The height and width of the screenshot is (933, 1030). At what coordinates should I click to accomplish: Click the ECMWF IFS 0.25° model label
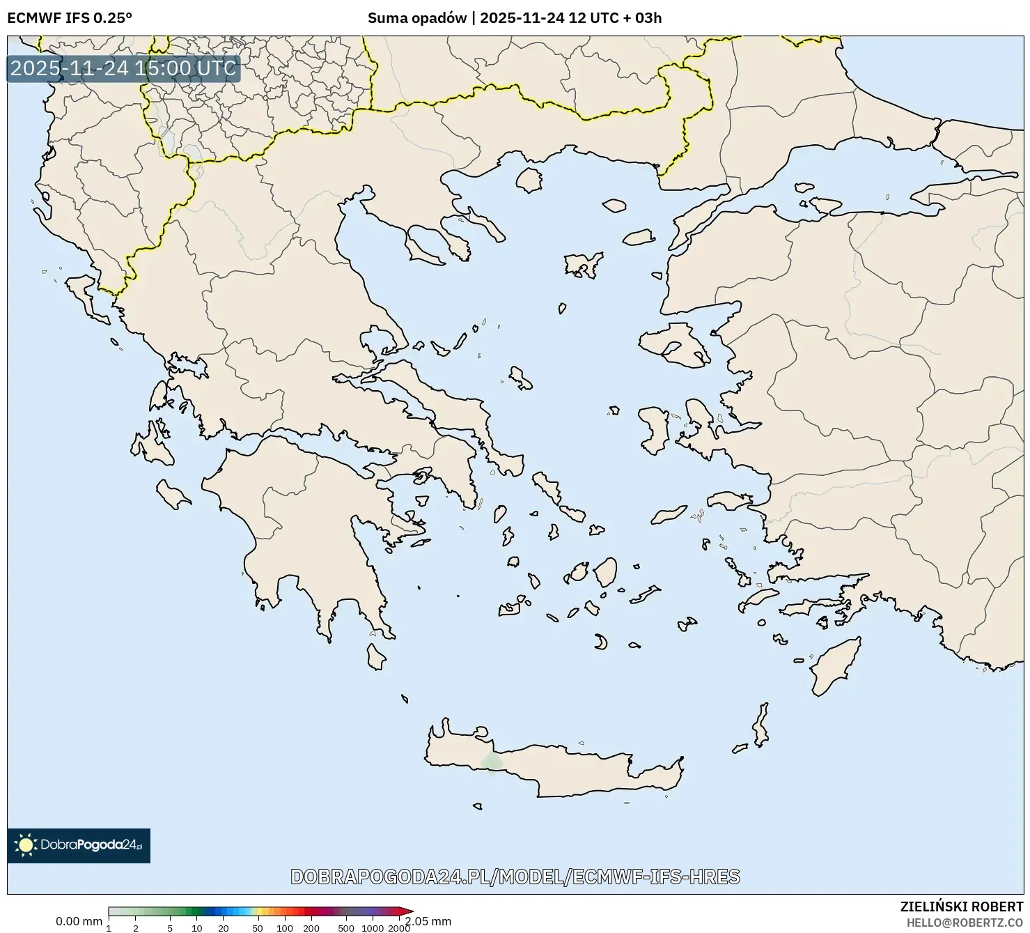(69, 18)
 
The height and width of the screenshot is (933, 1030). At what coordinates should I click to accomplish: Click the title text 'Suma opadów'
(416, 18)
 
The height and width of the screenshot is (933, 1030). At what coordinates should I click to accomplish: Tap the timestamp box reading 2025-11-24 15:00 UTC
(123, 68)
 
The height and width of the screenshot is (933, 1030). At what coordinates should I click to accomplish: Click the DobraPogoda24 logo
(79, 845)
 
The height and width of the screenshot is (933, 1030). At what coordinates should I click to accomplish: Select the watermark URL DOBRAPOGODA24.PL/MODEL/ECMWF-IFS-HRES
(515, 877)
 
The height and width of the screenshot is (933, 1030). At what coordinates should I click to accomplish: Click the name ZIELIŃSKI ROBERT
(961, 907)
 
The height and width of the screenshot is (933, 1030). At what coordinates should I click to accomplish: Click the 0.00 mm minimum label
(79, 921)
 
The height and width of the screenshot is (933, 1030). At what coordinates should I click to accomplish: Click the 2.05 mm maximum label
(429, 921)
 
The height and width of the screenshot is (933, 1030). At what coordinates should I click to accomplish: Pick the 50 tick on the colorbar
(258, 927)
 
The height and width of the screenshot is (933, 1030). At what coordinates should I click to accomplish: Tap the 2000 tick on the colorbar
(398, 927)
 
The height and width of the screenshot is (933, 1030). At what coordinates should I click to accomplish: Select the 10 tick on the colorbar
(197, 927)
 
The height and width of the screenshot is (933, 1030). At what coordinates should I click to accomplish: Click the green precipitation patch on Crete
(492, 763)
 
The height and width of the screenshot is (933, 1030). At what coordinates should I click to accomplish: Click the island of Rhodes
(834, 665)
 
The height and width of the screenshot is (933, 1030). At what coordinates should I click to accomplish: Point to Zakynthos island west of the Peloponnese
(172, 494)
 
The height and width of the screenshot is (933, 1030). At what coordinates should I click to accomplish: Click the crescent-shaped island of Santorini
(601, 642)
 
